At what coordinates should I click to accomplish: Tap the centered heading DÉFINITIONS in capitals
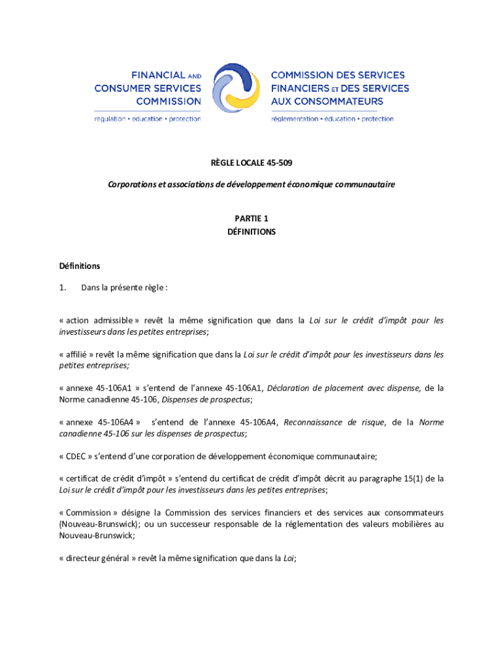coord(252,232)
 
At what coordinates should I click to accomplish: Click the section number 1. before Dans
coord(63,288)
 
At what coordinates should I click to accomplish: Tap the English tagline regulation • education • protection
coord(148,119)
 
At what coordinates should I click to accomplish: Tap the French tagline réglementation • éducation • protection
coord(333,119)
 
